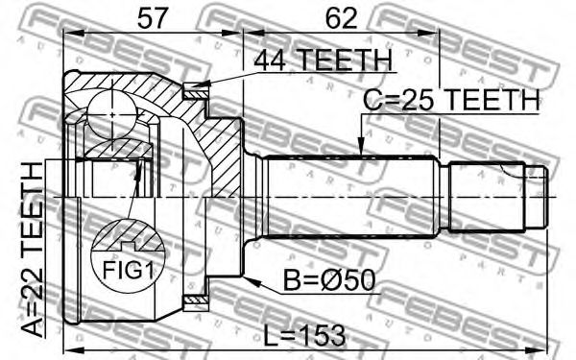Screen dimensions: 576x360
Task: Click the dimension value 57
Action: click(x=153, y=18)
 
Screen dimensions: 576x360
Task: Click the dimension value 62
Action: click(x=341, y=18)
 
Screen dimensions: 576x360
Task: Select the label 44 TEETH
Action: click(x=324, y=60)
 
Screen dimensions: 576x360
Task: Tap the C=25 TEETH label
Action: click(x=451, y=100)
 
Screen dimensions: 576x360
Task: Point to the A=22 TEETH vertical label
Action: click(x=33, y=250)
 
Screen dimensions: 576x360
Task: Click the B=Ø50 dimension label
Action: click(x=329, y=280)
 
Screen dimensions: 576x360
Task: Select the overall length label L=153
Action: click(x=305, y=336)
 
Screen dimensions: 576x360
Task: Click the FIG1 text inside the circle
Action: click(x=127, y=270)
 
